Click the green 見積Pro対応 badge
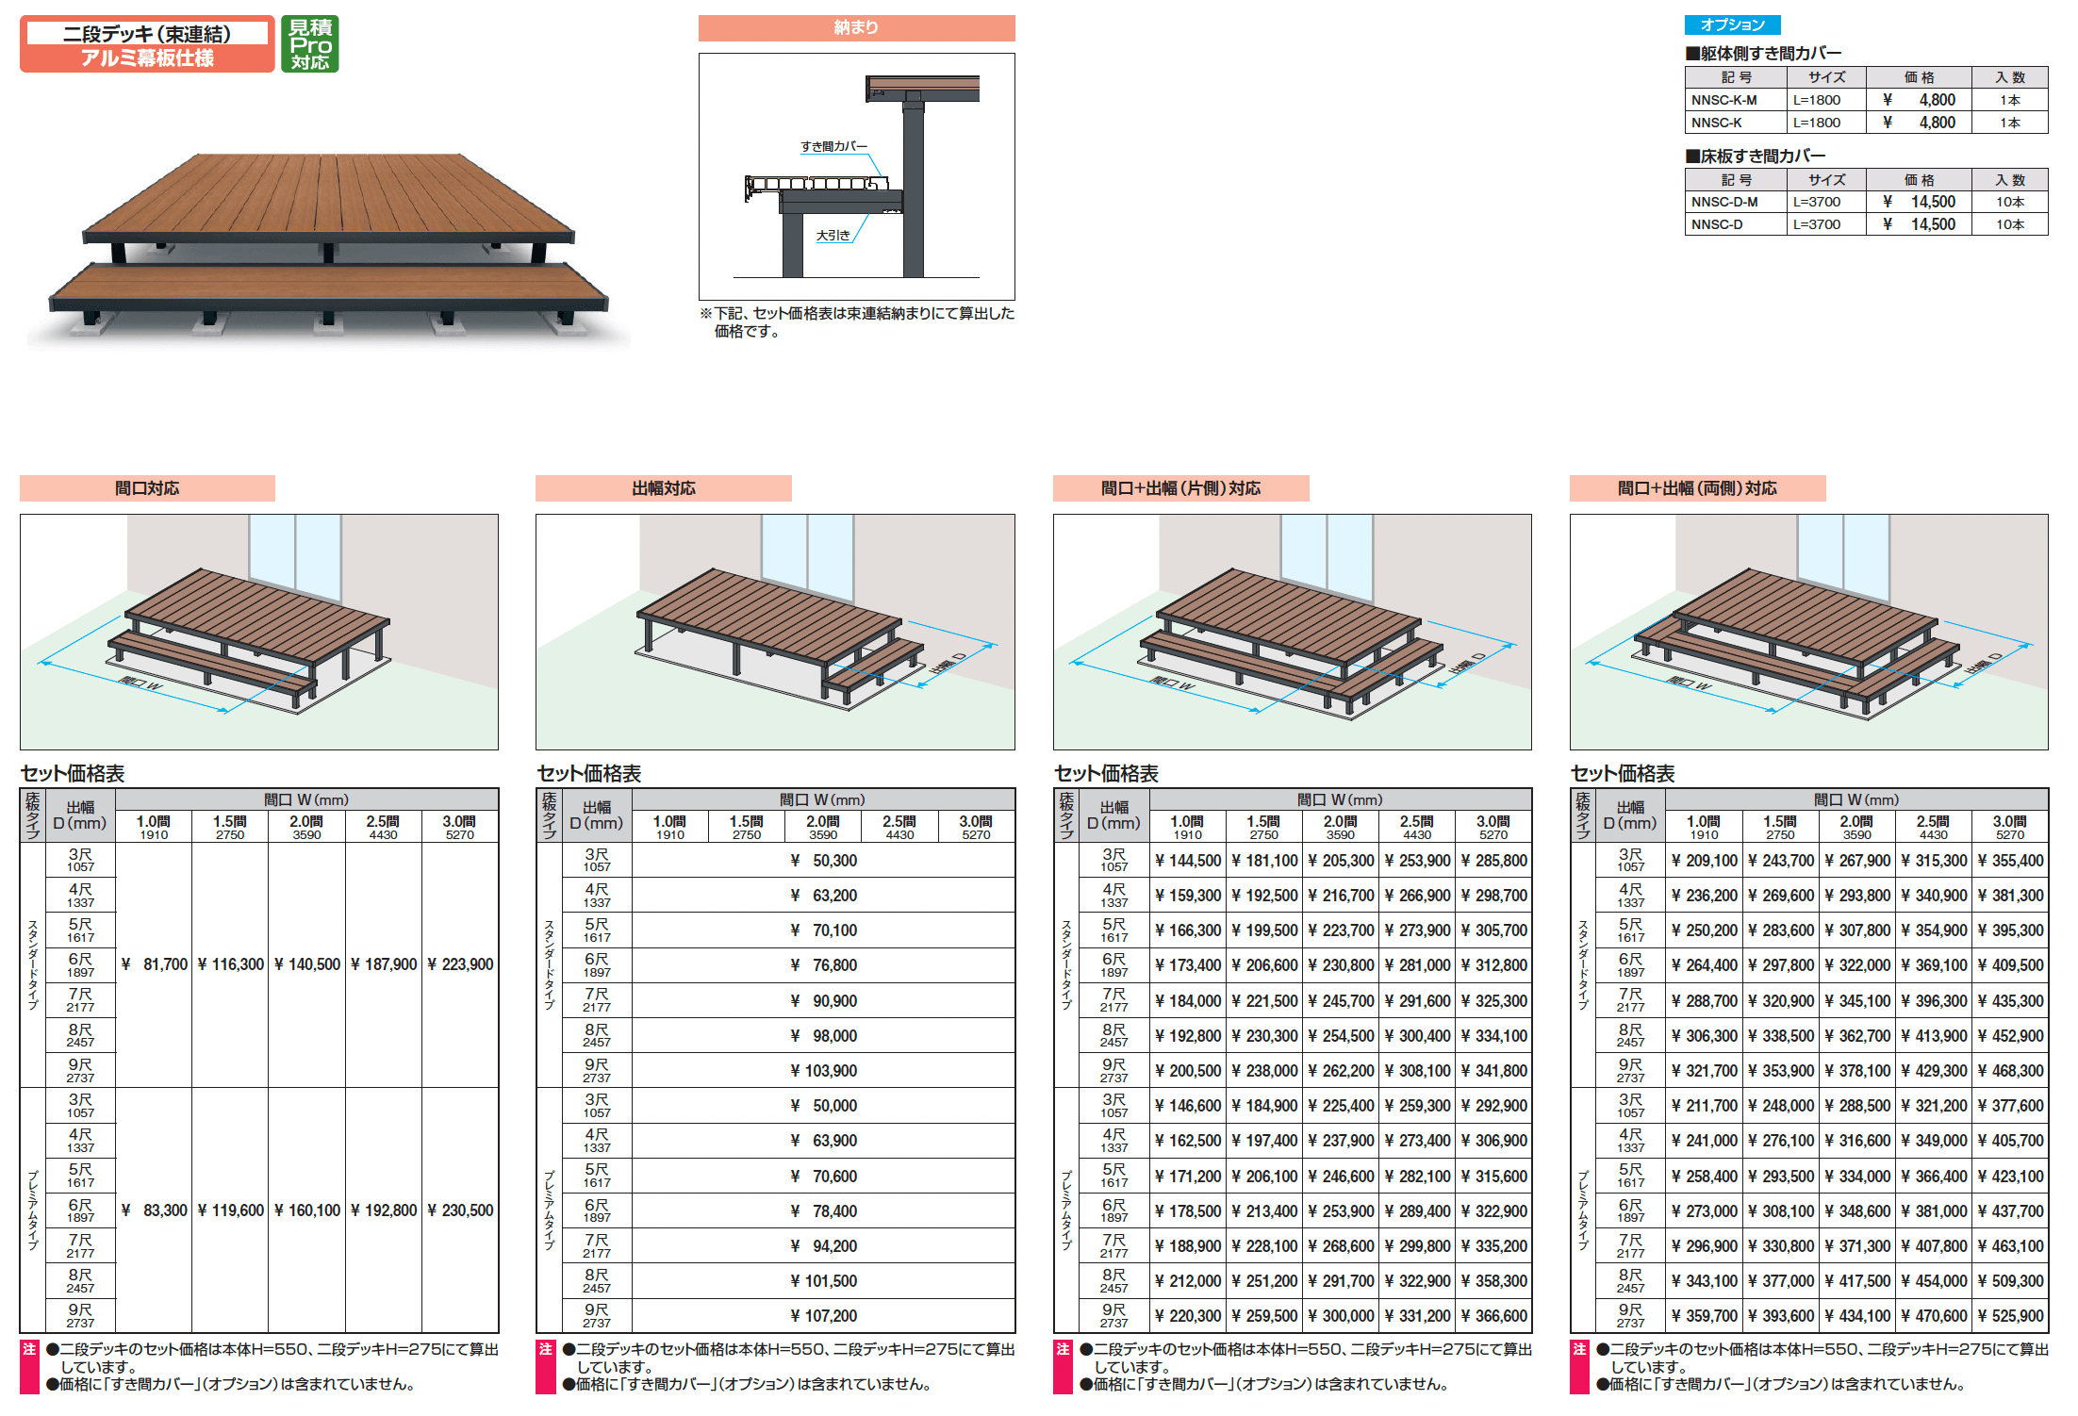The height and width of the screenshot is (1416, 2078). (x=309, y=43)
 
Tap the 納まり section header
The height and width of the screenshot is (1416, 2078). (x=856, y=28)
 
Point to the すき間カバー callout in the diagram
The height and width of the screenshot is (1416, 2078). (x=833, y=146)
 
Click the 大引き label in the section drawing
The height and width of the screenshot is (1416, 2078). (x=833, y=235)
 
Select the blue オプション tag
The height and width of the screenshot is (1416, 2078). (x=1732, y=25)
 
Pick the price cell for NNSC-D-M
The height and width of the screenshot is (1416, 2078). (x=1919, y=202)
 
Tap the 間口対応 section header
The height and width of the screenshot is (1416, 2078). (x=147, y=488)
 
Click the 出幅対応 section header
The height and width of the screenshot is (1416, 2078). (x=664, y=488)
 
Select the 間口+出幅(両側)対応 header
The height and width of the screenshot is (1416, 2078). (x=1697, y=488)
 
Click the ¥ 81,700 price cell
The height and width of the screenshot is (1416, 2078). (x=155, y=964)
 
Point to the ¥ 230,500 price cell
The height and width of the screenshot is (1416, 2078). (x=460, y=1210)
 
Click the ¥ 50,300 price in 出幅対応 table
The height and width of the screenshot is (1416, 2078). (x=823, y=861)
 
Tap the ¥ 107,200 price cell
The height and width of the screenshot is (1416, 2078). (x=823, y=1316)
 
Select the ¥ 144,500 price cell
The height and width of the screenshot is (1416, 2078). (x=1188, y=861)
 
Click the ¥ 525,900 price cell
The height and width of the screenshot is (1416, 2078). (x=2010, y=1316)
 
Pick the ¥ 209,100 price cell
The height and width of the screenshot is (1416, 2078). (x=1705, y=861)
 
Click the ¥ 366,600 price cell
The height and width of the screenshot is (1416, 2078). (x=1493, y=1316)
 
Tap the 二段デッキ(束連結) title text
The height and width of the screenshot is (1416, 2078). (x=147, y=34)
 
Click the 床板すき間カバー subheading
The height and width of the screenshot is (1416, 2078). (x=1756, y=156)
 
